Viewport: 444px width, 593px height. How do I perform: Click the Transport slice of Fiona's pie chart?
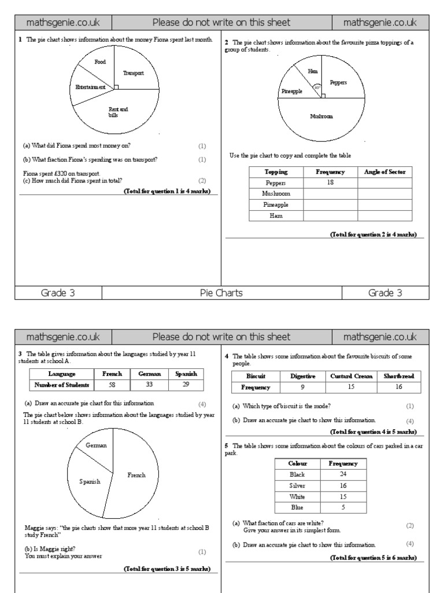[x=133, y=73]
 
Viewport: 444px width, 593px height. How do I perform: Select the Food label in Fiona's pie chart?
[x=100, y=61]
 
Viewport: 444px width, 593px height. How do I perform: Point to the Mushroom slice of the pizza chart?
[x=321, y=116]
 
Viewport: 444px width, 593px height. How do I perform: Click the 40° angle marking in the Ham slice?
[x=317, y=88]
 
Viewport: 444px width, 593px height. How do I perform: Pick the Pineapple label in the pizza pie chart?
[x=292, y=91]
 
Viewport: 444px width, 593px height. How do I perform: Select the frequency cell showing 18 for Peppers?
[x=330, y=182]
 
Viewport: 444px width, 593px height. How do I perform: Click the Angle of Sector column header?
[x=385, y=171]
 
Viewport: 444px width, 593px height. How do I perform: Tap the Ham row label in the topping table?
[x=276, y=215]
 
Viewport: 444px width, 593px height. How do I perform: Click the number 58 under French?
[x=112, y=385]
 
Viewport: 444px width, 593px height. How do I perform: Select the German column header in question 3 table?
[x=149, y=374]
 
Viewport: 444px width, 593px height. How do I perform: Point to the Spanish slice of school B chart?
[x=90, y=481]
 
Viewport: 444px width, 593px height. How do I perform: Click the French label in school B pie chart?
[x=136, y=475]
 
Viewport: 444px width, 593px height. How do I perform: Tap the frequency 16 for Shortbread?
[x=398, y=387]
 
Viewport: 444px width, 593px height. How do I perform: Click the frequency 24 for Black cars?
[x=343, y=474]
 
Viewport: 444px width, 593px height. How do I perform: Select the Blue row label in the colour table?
[x=297, y=507]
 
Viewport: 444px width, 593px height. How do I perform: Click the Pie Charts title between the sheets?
[x=221, y=293]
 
